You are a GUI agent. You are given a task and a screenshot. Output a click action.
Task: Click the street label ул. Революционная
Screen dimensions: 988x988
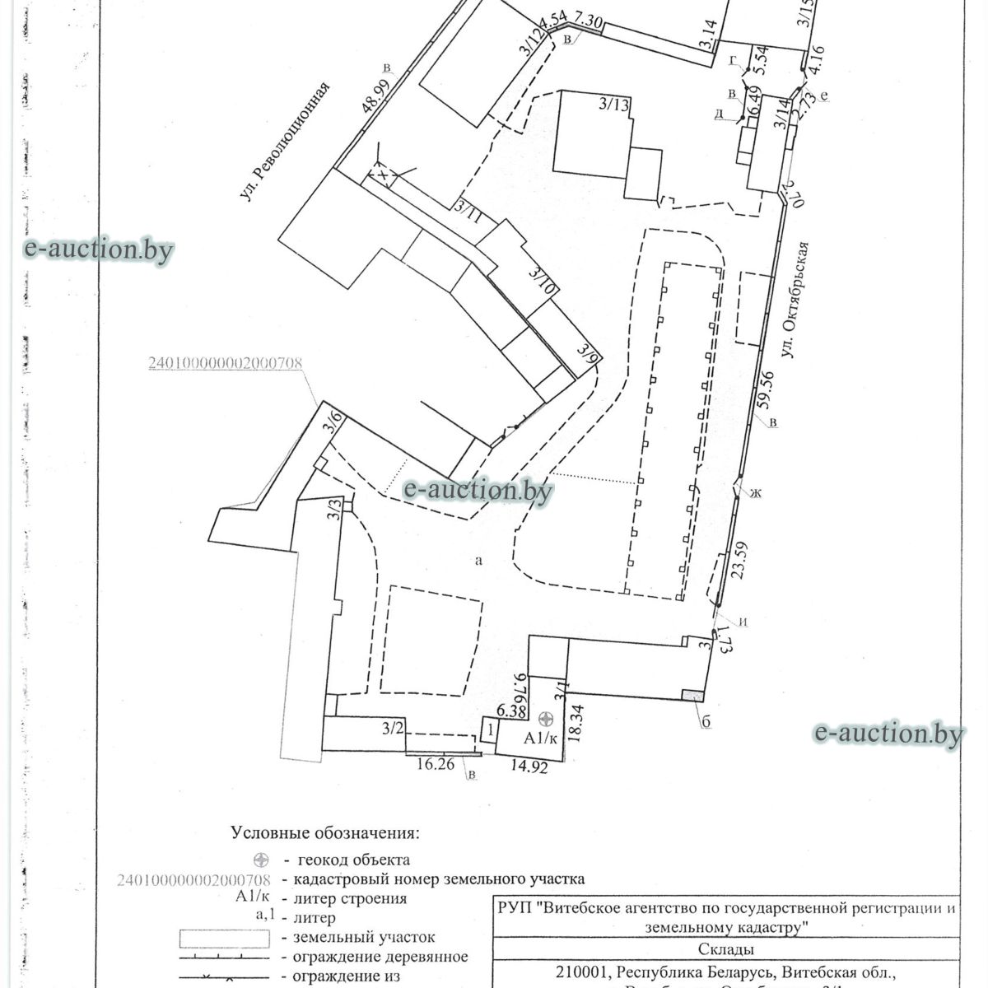pyautogui.click(x=284, y=142)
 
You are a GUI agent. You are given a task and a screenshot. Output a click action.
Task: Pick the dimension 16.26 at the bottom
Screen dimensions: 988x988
pyautogui.click(x=435, y=763)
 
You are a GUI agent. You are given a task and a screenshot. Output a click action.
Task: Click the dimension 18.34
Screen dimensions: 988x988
pyautogui.click(x=577, y=724)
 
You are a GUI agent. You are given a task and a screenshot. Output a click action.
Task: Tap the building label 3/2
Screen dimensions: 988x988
pyautogui.click(x=394, y=728)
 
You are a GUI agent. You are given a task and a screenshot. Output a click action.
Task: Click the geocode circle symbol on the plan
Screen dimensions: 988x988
pyautogui.click(x=543, y=720)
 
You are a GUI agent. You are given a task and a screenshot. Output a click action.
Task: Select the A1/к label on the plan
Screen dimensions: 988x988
pyautogui.click(x=541, y=738)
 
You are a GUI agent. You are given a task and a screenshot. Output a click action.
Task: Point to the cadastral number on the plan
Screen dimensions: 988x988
pyautogui.click(x=225, y=363)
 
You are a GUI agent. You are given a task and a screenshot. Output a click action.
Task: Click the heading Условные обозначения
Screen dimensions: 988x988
pyautogui.click(x=324, y=833)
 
